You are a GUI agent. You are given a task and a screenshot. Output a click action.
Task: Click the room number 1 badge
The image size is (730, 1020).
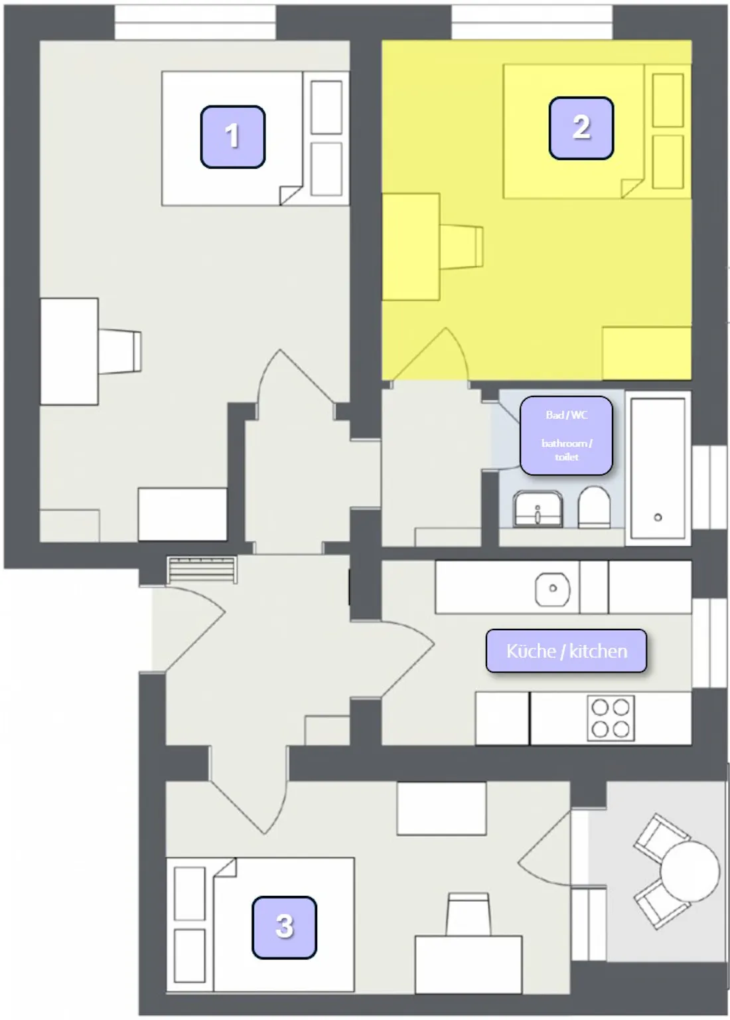(x=232, y=137)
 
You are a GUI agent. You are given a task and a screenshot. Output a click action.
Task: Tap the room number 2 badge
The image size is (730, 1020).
(x=581, y=128)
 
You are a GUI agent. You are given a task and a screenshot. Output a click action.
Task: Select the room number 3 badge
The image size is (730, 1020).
(x=285, y=928)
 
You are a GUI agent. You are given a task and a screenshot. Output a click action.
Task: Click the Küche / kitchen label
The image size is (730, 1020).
(x=567, y=651)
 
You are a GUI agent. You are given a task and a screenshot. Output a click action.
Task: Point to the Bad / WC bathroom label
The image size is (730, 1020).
(x=566, y=436)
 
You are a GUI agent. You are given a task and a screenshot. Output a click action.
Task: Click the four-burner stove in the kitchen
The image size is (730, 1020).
(x=611, y=717)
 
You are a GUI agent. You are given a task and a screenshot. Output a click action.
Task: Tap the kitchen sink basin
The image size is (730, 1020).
(x=553, y=589)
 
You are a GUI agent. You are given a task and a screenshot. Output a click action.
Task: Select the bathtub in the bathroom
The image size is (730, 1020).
(x=658, y=468)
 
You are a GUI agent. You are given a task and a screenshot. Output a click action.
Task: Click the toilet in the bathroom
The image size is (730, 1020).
(x=594, y=507)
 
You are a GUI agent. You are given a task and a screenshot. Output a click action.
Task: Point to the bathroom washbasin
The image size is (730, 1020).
(x=538, y=509)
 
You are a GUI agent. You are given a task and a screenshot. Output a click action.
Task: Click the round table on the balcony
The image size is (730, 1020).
(x=690, y=871)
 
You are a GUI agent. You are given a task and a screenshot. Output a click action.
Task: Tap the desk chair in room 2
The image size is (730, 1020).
(x=461, y=246)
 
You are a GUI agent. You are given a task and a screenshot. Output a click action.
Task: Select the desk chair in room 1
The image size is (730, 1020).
(x=120, y=351)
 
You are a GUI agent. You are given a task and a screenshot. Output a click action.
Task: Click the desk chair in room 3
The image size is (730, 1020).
(x=469, y=914)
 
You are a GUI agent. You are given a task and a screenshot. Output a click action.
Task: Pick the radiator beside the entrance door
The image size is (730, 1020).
(x=202, y=570)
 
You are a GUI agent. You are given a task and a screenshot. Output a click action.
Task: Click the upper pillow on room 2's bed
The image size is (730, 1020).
(x=668, y=100)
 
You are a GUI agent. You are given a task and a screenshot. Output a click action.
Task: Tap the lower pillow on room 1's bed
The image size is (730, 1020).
(x=327, y=169)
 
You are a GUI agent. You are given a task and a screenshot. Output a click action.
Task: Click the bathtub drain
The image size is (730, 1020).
(x=658, y=517)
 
